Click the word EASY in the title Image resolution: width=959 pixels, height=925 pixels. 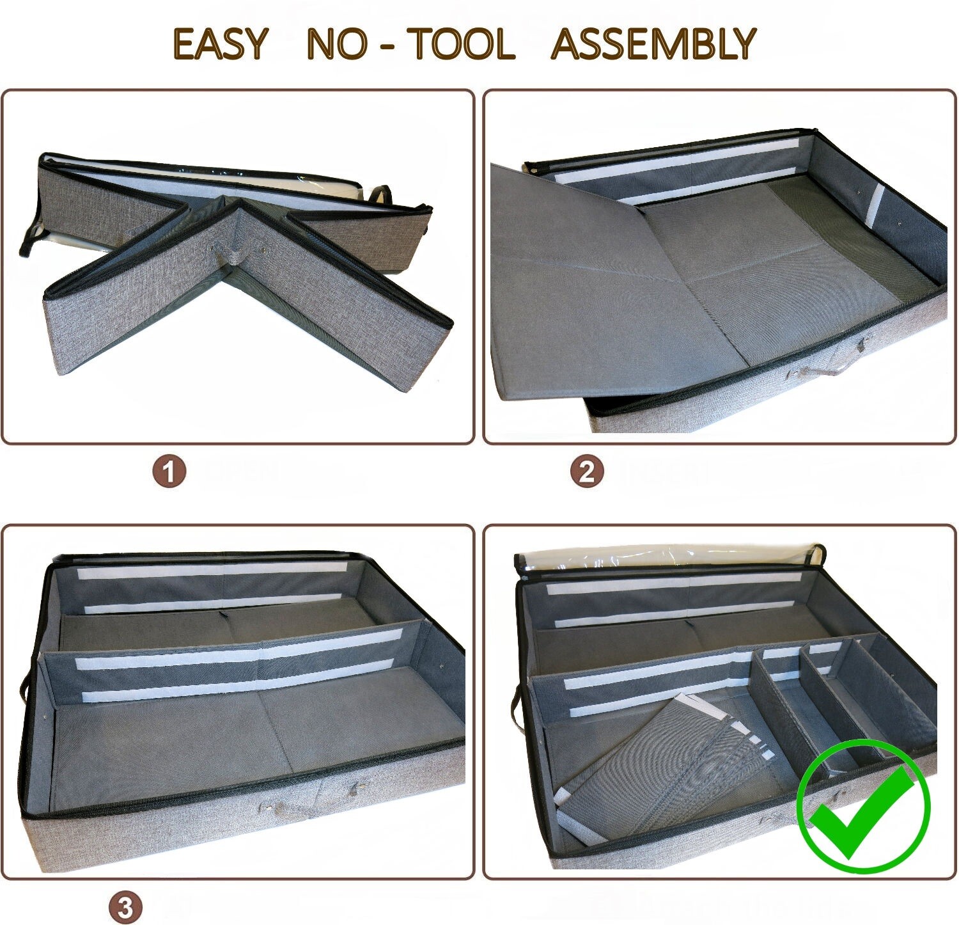[219, 44]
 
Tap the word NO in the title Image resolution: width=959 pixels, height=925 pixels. [337, 44]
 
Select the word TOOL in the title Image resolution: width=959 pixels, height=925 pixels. [461, 44]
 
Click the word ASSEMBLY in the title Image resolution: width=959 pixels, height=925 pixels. [653, 44]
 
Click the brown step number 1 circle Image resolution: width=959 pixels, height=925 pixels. [169, 472]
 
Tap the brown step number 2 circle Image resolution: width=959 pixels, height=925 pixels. [586, 472]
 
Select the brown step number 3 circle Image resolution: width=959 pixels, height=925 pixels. [125, 908]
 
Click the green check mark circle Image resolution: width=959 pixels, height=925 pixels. [863, 806]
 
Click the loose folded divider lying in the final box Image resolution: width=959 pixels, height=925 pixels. [665, 755]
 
